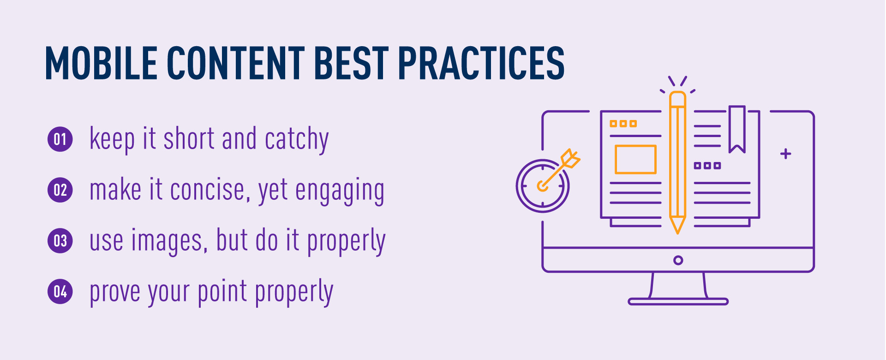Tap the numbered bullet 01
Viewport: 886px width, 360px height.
coord(60,139)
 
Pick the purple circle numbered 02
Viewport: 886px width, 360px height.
coord(60,190)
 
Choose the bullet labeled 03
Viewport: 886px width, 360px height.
coord(60,241)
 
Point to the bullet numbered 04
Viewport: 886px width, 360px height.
coord(60,292)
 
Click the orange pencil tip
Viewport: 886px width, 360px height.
coord(677,226)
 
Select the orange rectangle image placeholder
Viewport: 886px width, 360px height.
coord(635,159)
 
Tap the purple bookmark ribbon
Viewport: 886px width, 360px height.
coord(737,129)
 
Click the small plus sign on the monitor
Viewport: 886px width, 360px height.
coord(786,154)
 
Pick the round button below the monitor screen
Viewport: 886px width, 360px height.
coord(678,260)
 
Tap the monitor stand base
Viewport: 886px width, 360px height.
coord(678,302)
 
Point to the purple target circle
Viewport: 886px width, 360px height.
coord(543,186)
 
